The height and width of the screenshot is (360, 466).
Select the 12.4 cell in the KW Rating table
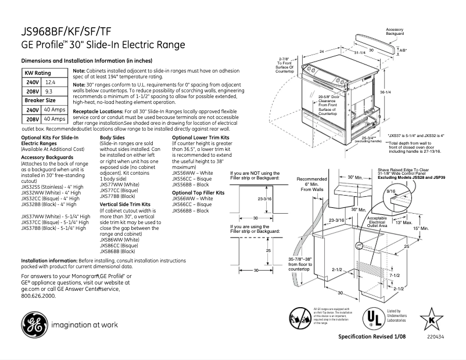[x=51, y=84]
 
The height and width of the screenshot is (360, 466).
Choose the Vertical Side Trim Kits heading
[x=125, y=204]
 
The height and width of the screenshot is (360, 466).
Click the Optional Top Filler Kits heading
[x=198, y=192]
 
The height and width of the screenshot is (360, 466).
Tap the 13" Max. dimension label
[x=403, y=223]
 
